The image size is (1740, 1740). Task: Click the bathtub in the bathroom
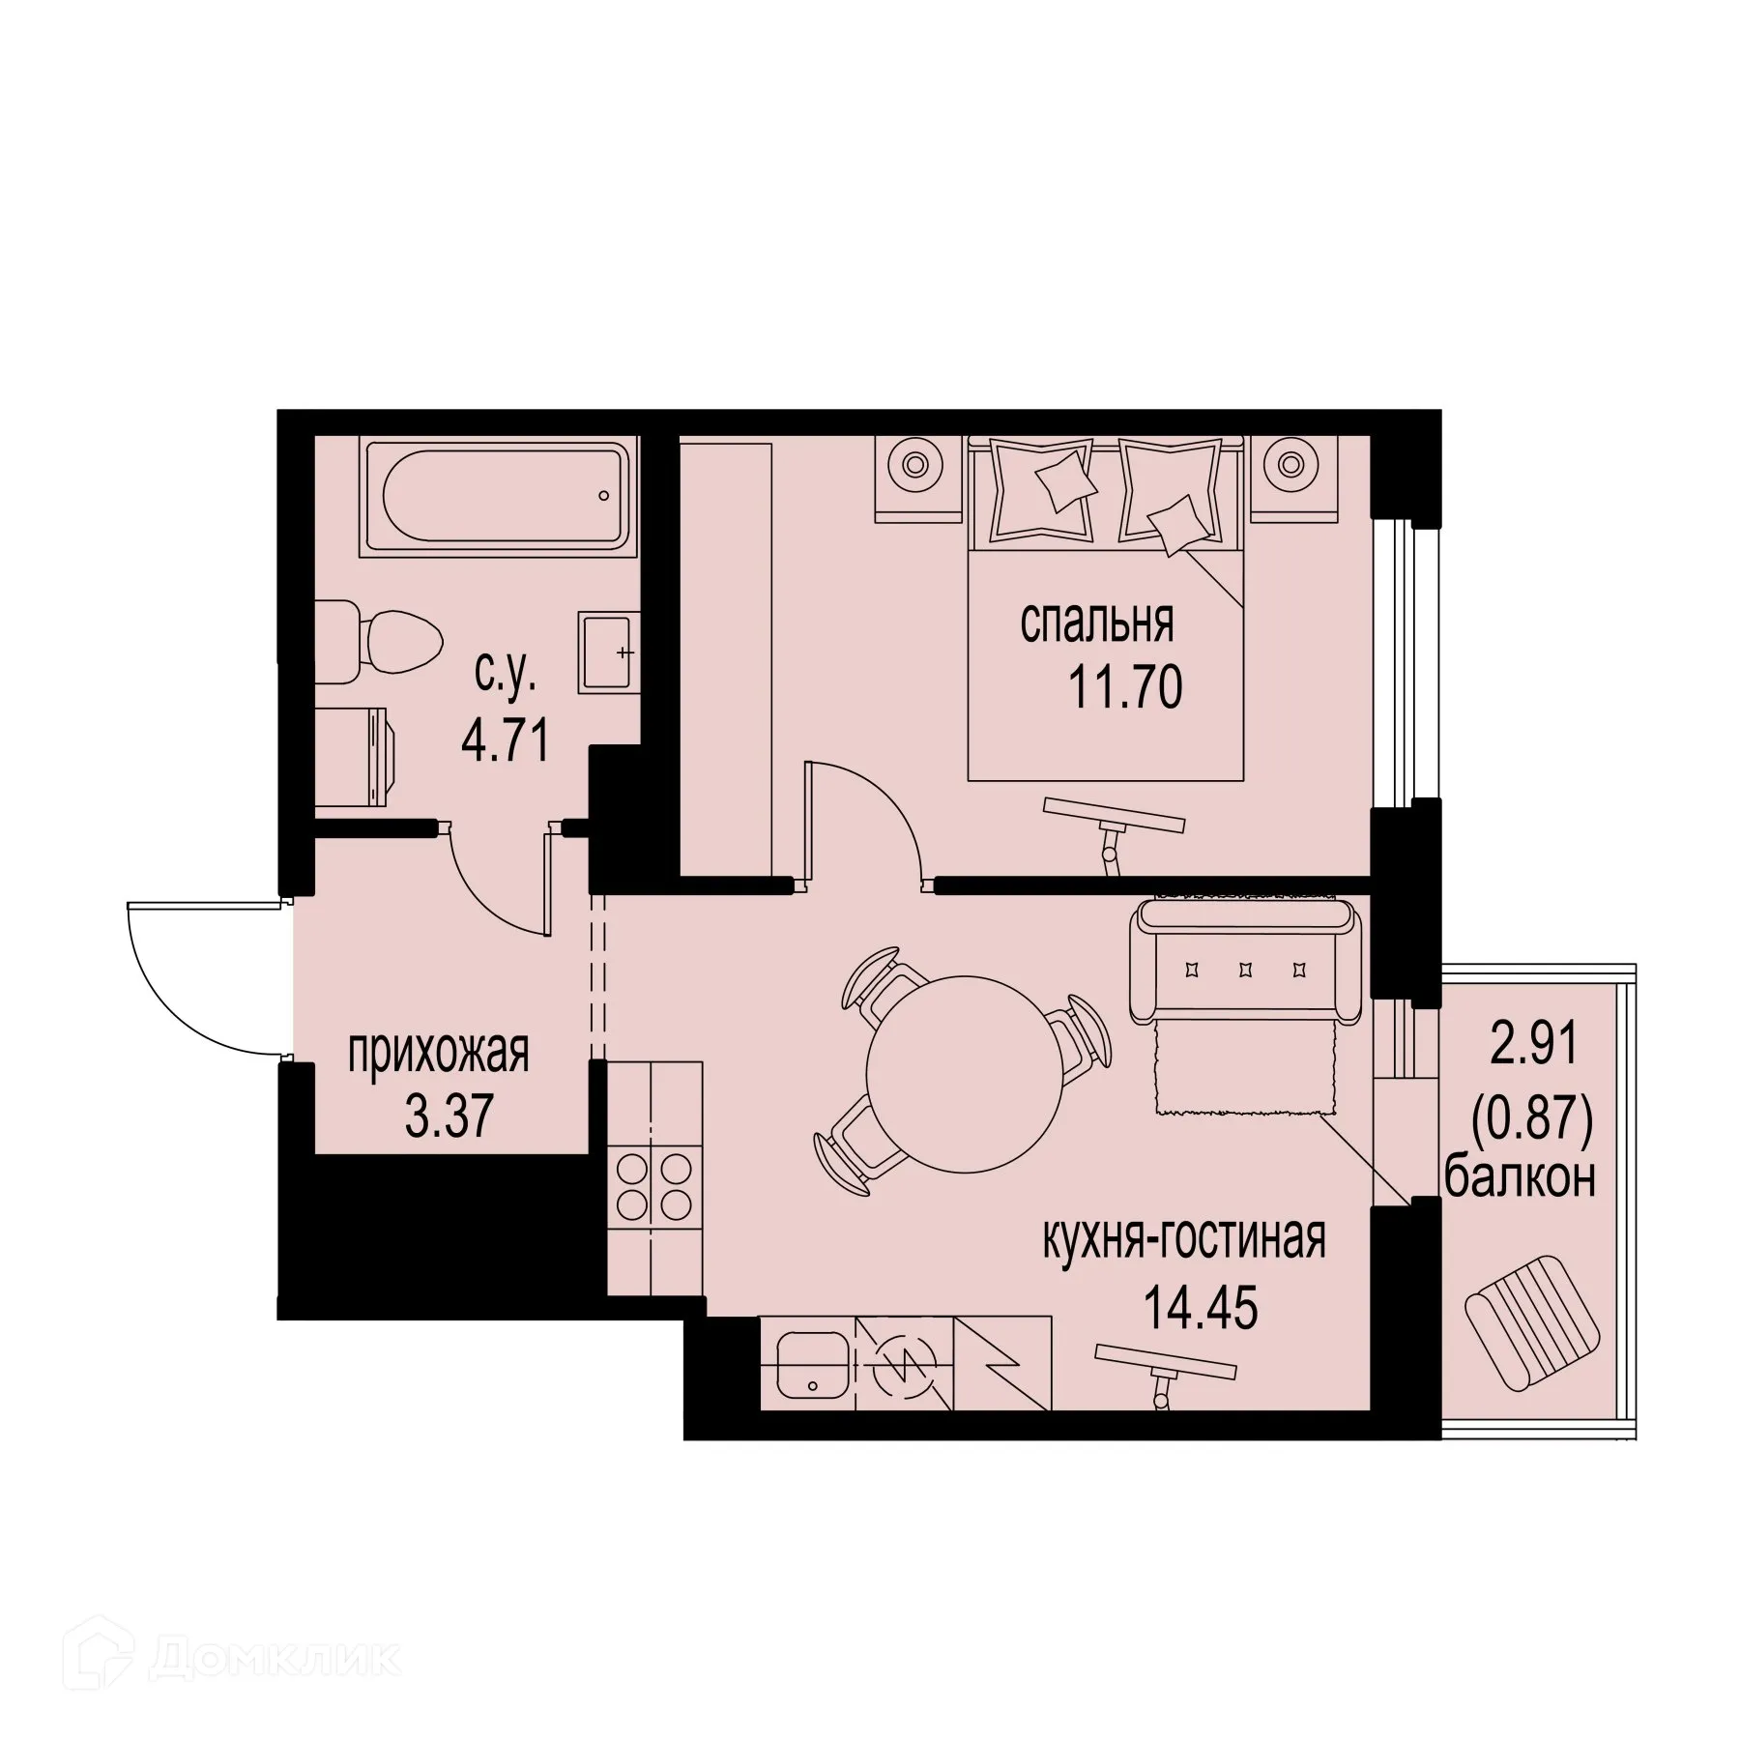[x=499, y=497]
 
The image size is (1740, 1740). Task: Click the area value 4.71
[x=506, y=742]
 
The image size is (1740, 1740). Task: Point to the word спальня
[x=1096, y=623]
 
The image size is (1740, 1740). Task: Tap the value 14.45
[x=1201, y=1309]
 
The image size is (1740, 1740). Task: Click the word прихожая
[x=439, y=1053]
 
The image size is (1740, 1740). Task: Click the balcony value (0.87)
[x=1531, y=1122]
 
